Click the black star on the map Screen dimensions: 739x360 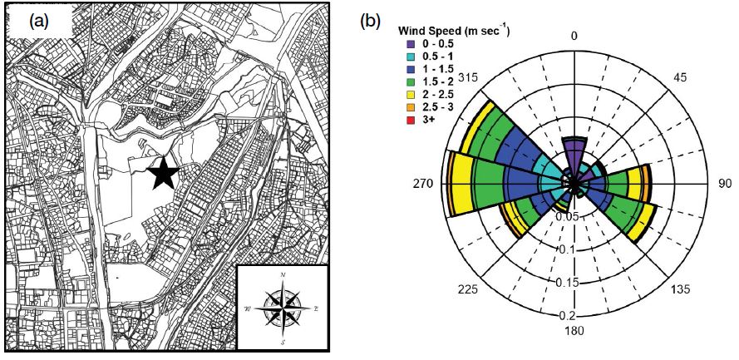pos(163,173)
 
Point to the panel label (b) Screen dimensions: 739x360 pos(370,22)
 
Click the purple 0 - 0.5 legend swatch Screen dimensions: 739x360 pos(411,44)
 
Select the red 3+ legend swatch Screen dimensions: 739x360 pos(411,120)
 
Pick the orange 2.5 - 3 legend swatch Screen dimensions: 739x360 pos(411,107)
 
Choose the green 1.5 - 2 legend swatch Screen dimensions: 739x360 pos(411,82)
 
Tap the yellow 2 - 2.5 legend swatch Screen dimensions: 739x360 pos(411,95)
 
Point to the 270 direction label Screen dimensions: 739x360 pos(423,184)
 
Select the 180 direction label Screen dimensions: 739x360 pos(574,331)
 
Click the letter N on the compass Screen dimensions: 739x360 pos(283,274)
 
